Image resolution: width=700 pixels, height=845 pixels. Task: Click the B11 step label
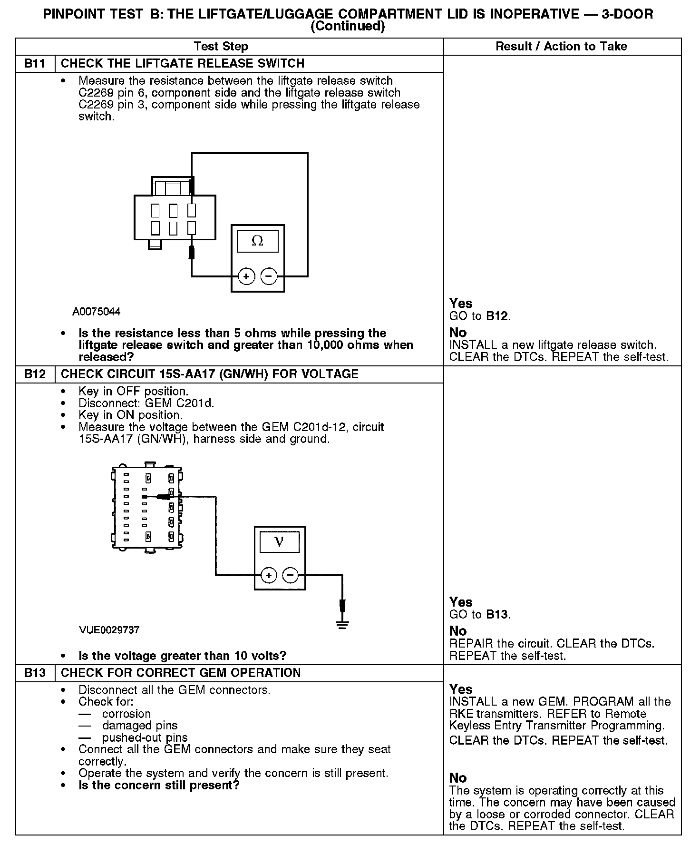coord(35,64)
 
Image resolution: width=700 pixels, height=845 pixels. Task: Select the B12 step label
coord(35,374)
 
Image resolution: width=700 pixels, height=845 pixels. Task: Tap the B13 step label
coord(35,673)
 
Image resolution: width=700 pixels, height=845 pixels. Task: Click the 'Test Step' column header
coord(221,47)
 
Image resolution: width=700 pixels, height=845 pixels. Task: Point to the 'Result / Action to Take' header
coord(561,47)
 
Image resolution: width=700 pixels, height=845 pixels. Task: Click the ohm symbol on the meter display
coord(257,241)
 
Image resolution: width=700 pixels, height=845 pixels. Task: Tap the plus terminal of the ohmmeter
coord(246,276)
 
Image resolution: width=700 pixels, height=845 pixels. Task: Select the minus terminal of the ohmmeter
coord(269,276)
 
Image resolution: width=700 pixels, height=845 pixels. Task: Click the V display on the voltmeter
coord(279,542)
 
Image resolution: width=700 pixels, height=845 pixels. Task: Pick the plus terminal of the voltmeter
coord(269,576)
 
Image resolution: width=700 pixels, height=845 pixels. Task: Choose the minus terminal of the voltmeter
coord(291,576)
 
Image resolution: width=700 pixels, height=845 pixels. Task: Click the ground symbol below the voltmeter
coord(342,625)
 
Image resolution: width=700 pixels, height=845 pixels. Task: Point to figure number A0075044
coord(97,312)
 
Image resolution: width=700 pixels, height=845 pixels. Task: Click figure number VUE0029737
coord(109,630)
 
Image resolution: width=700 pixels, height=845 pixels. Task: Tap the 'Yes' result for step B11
coord(461,304)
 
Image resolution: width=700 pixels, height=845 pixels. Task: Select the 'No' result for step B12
coord(458,631)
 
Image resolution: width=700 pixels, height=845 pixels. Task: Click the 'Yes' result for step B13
coord(461,689)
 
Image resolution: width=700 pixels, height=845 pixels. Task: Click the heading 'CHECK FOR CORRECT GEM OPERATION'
coord(181,673)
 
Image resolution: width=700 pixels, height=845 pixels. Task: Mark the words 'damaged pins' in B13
coord(140,726)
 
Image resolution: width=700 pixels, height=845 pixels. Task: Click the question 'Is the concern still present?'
coord(159,785)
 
